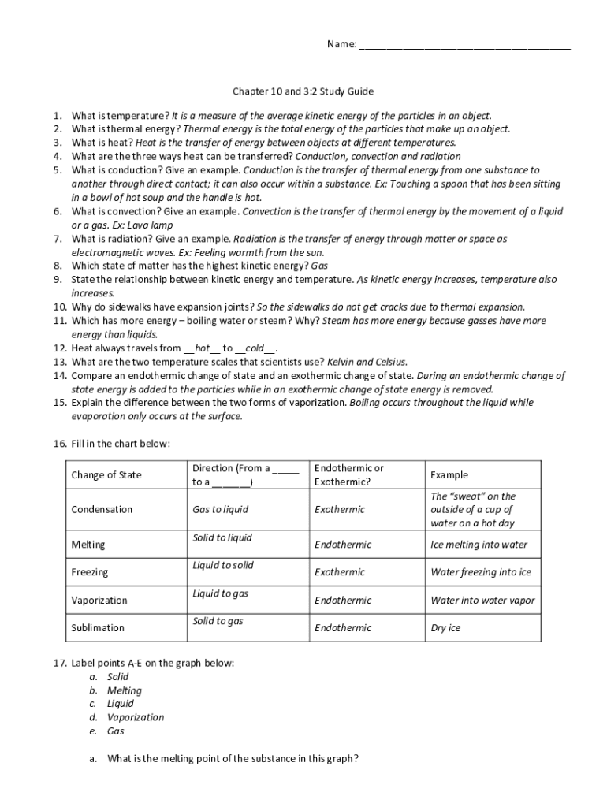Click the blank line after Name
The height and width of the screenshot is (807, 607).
[464, 45]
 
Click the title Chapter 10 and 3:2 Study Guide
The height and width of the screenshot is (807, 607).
[302, 91]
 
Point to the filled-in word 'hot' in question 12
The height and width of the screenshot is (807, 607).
[202, 348]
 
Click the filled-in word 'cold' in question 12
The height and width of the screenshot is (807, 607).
[255, 348]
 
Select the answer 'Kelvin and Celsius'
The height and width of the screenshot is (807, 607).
[367, 362]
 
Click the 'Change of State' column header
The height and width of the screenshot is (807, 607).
[106, 474]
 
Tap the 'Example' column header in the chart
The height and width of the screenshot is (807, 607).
[449, 474]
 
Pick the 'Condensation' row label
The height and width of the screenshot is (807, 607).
[102, 509]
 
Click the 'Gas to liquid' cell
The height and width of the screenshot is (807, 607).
[220, 509]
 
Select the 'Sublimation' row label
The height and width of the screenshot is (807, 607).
[98, 628]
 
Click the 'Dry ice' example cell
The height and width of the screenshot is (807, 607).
[445, 628]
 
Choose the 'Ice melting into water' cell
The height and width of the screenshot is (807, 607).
[479, 545]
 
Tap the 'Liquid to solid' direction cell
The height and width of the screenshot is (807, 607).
[223, 566]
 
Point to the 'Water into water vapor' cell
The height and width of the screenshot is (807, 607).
[482, 601]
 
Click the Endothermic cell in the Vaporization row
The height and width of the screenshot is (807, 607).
[343, 601]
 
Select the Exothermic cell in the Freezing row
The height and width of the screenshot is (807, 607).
[340, 572]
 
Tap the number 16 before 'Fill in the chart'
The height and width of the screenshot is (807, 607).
[60, 444]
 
